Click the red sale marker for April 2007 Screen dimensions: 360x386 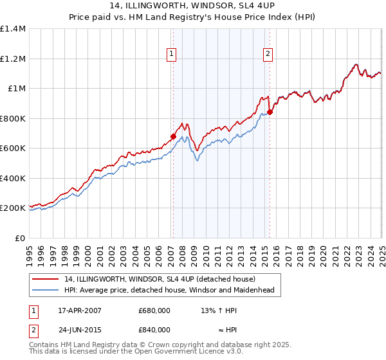tap(173, 136)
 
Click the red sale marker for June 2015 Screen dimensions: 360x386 tap(270, 113)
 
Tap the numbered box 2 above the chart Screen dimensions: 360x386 tap(267, 55)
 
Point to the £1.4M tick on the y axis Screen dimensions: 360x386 tap(13, 29)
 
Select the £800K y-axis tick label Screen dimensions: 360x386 tap(13, 118)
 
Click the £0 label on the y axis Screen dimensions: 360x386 tap(21, 238)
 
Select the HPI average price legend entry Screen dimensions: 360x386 tap(169, 290)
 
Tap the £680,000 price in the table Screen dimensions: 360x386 tap(154, 310)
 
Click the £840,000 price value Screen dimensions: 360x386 tap(154, 329)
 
